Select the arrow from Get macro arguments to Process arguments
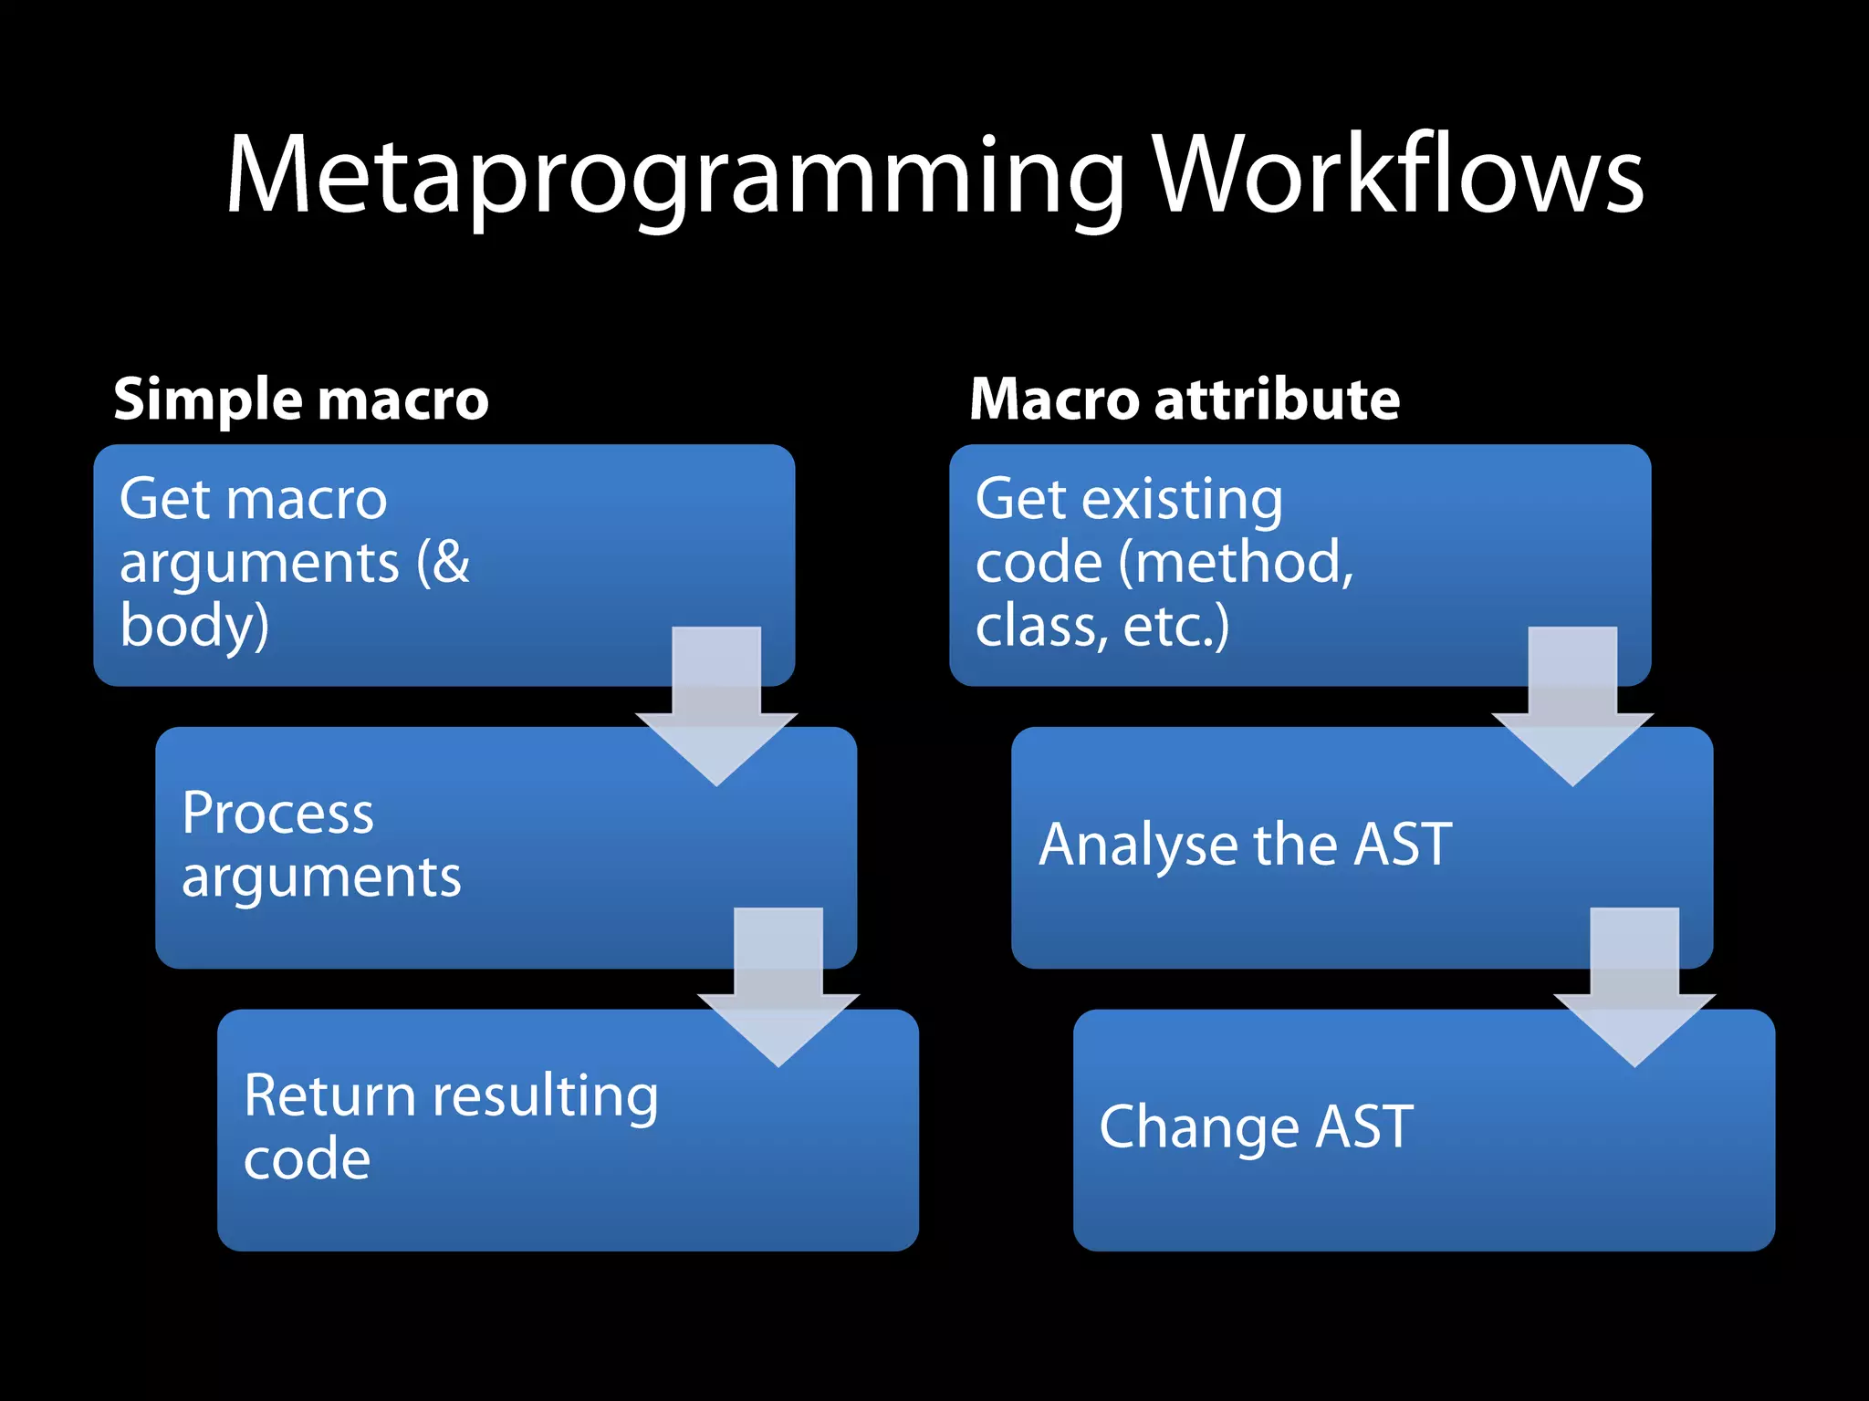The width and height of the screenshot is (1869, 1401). coord(716,707)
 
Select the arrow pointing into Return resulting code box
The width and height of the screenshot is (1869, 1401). coord(778,988)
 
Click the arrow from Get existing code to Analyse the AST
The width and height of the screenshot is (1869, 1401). coord(1572,707)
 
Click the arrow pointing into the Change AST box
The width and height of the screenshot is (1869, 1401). coord(1634,988)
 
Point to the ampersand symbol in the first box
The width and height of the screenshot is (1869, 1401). coord(451,562)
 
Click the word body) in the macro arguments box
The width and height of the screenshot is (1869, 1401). coord(194,627)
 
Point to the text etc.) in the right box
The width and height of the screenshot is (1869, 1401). coord(1176,627)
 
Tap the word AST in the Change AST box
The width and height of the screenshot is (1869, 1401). coord(1364,1126)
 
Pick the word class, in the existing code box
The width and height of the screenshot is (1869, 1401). coord(1041,627)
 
